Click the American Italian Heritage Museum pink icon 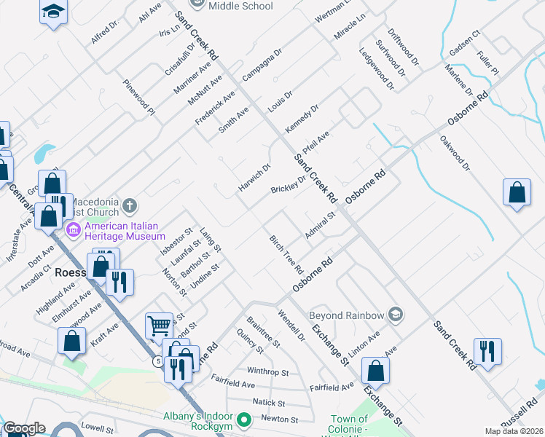point(73,231)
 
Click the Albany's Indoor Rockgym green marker point(245,420)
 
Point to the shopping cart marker point(159,326)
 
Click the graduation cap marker point(53,12)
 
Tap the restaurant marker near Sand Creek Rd point(487,351)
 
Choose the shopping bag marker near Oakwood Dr point(517,193)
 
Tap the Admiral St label point(320,225)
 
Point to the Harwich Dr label point(254,178)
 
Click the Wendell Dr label point(291,326)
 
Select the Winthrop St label point(267,371)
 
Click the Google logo point(24,428)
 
